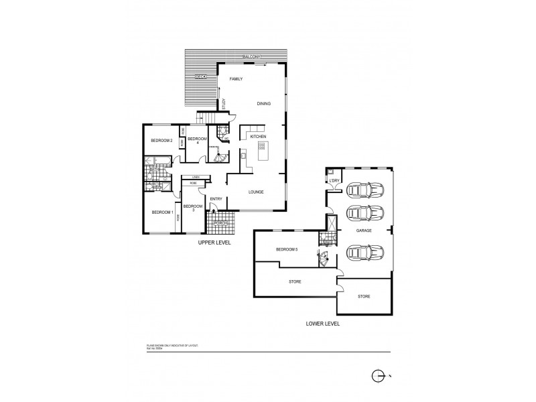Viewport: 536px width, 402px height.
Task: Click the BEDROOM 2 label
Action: [x=162, y=141]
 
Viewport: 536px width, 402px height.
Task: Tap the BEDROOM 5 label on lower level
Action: [x=286, y=250]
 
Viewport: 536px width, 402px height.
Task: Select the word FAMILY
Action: [x=235, y=79]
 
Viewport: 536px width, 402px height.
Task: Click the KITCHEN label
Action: [x=258, y=137]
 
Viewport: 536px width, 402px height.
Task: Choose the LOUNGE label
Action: [x=255, y=192]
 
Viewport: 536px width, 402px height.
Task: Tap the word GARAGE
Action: [x=364, y=230]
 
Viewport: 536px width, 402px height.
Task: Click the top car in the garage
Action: [x=364, y=190]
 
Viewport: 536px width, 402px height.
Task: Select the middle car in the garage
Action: [x=364, y=216]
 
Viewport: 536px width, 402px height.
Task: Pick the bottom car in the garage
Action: [x=364, y=253]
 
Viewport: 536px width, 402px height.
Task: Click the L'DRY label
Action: [x=334, y=181]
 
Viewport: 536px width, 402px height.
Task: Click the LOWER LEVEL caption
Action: [x=323, y=323]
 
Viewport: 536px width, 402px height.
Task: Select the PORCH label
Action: [x=220, y=223]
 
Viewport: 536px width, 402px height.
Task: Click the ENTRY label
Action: [x=216, y=199]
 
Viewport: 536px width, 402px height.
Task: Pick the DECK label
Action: [x=200, y=77]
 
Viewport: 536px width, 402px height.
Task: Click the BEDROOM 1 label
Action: [x=162, y=212]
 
